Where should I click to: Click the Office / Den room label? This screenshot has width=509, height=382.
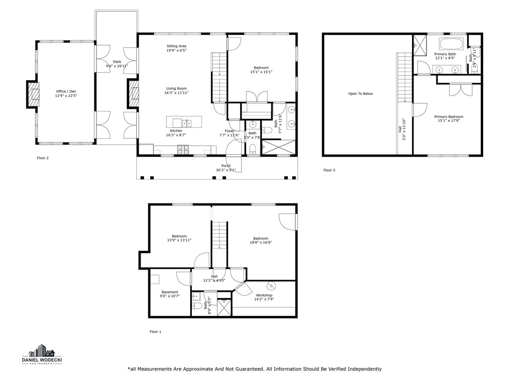(66, 92)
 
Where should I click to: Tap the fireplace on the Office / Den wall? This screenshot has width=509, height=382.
(33, 95)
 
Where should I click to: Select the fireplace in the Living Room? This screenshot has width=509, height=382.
(133, 95)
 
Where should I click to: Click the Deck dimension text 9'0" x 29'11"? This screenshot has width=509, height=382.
(117, 66)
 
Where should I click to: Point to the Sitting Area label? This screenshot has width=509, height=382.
(176, 46)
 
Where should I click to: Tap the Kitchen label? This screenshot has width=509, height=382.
(173, 131)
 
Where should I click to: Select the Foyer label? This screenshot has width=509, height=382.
(229, 131)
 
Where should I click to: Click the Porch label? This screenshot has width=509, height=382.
(226, 166)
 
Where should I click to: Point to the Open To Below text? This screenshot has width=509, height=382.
(360, 94)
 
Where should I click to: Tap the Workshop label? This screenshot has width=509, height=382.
(264, 295)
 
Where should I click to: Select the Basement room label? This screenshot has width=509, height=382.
(170, 292)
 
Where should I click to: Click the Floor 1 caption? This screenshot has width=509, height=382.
(156, 331)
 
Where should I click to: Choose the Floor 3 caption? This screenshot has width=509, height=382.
(329, 170)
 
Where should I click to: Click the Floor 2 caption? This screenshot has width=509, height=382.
(43, 158)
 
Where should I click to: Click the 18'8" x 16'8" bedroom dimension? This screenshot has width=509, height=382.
(260, 243)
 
